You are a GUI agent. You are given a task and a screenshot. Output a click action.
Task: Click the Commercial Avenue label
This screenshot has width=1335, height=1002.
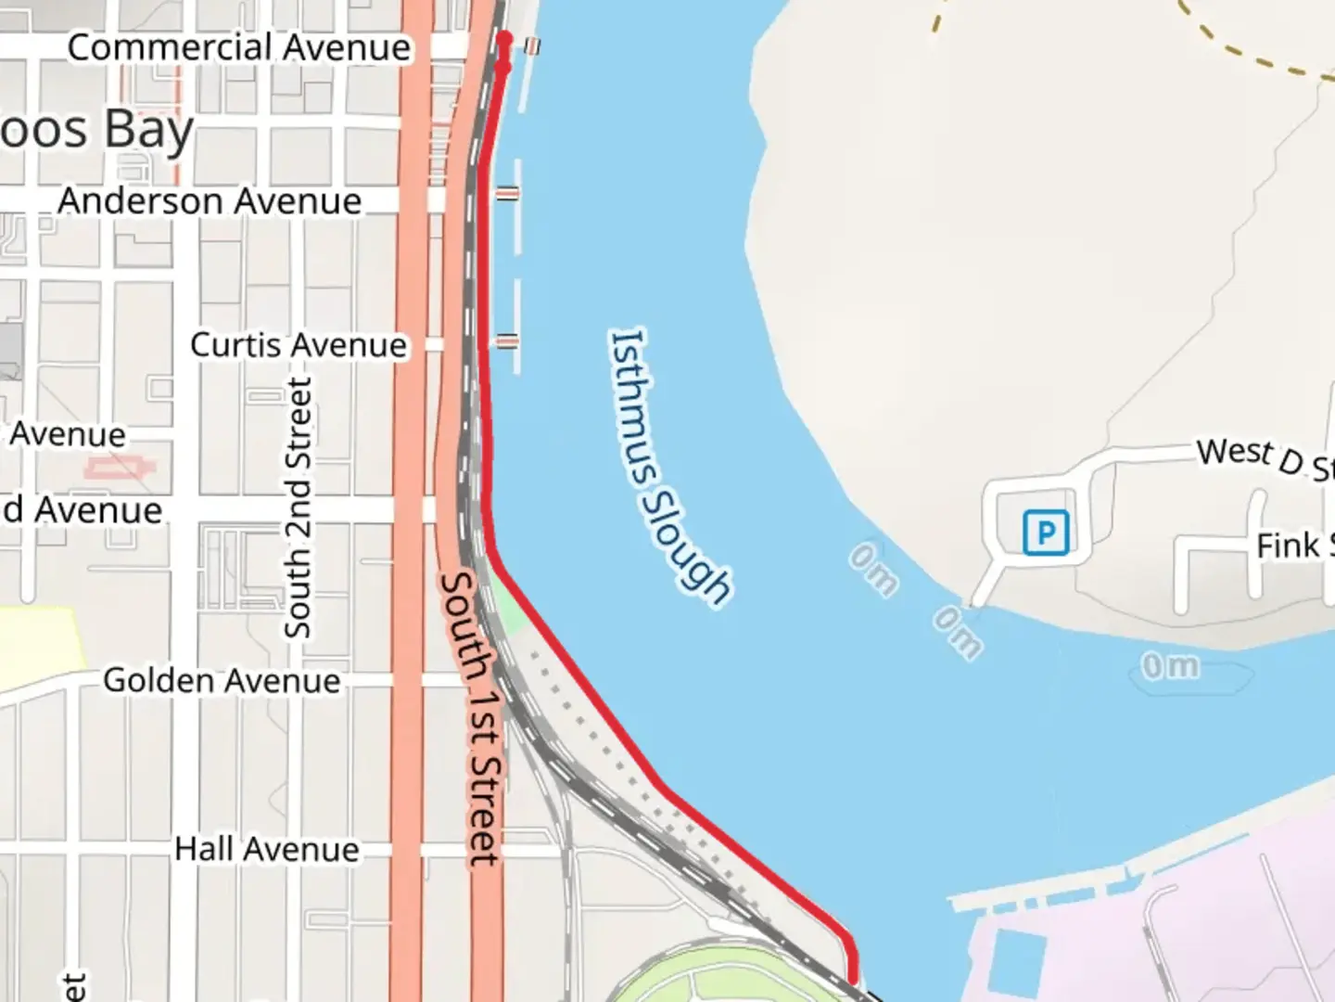[239, 47]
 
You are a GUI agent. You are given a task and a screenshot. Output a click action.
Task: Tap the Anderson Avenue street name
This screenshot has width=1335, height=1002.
[210, 201]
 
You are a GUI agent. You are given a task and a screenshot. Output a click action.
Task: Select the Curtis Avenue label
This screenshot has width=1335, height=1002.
[299, 345]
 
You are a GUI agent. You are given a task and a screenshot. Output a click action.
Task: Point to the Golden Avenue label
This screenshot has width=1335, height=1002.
[222, 681]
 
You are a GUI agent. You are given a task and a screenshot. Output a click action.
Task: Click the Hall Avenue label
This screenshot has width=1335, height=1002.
[267, 850]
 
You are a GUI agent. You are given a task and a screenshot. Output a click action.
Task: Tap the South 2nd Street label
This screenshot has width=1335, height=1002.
[298, 508]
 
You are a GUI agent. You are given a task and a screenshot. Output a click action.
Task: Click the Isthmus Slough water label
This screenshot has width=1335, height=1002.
[669, 467]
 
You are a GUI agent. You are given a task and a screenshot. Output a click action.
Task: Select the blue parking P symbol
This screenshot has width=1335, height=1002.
[1046, 533]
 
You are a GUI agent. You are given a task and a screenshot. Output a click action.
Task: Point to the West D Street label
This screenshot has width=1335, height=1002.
[1265, 458]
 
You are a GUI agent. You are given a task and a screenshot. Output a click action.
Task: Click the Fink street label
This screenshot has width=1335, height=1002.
[1294, 546]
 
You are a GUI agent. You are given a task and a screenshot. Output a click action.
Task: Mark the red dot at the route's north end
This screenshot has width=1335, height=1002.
[504, 39]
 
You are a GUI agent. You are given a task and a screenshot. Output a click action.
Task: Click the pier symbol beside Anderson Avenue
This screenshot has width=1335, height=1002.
[507, 193]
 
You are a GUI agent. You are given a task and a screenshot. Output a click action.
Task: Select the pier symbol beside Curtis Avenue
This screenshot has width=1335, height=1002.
[506, 341]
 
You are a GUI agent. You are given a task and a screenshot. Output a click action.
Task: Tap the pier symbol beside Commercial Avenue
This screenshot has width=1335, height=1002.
[532, 45]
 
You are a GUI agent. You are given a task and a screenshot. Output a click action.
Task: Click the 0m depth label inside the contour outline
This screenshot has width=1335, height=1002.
[1169, 666]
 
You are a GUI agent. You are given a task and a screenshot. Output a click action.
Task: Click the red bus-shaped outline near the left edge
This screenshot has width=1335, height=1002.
[120, 468]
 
